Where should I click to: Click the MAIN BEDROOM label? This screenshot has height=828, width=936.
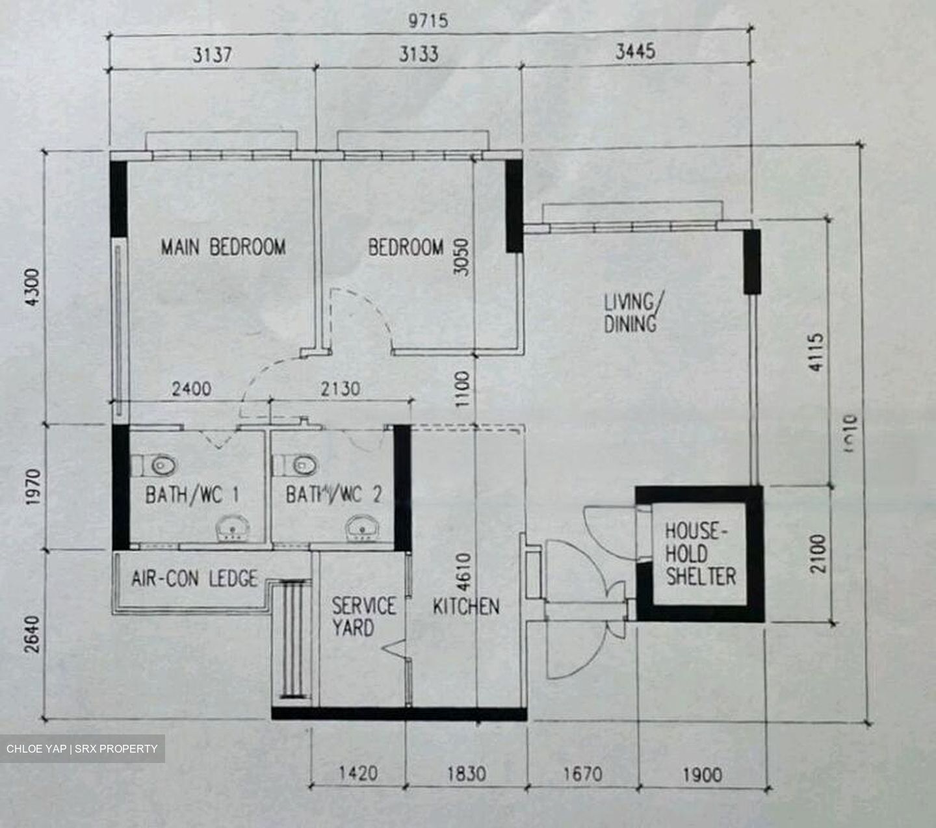point(223,248)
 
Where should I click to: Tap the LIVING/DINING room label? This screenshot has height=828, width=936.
point(629,313)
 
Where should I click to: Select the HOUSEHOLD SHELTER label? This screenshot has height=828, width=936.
point(700,554)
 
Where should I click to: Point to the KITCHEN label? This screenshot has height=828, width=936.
point(466,606)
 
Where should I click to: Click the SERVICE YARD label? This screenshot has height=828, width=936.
point(363,617)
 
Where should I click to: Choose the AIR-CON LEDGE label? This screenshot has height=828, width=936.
point(194,578)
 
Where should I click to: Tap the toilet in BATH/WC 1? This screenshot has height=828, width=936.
point(160,465)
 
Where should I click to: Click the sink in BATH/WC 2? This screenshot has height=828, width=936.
point(359,528)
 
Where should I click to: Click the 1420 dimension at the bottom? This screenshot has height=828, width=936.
point(358,773)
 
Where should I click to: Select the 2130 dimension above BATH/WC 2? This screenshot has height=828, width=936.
point(340,389)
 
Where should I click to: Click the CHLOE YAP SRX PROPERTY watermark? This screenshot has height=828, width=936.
point(82,749)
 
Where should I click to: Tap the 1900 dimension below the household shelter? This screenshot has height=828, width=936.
point(702,773)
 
